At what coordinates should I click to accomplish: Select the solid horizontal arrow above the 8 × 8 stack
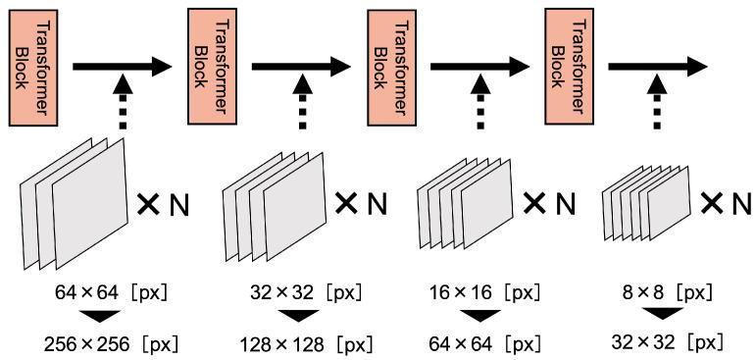[x=659, y=67]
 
